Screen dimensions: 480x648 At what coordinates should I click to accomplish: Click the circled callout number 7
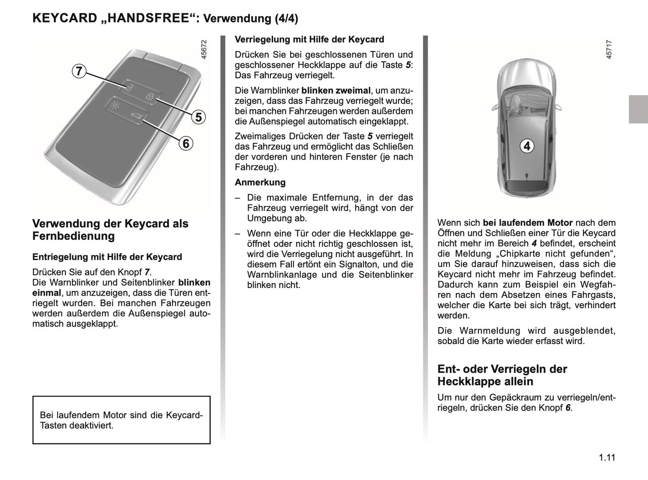click(x=78, y=71)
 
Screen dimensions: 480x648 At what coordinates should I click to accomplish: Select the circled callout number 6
click(x=186, y=144)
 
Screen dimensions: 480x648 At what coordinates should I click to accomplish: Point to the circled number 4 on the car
click(x=527, y=146)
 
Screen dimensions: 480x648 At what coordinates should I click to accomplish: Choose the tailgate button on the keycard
click(x=135, y=118)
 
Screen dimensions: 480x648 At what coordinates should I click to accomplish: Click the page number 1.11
click(x=606, y=458)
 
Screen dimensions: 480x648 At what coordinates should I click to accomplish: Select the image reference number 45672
click(x=204, y=50)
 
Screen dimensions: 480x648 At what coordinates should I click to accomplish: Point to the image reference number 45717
click(x=609, y=49)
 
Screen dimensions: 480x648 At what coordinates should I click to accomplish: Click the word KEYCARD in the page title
click(x=65, y=18)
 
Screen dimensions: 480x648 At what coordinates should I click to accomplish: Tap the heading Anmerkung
click(x=260, y=183)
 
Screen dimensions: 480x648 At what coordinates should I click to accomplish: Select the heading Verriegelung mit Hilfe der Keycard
click(x=309, y=39)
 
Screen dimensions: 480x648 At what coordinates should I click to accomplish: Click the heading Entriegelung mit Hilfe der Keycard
click(x=107, y=257)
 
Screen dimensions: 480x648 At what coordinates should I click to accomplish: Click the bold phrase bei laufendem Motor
click(x=527, y=223)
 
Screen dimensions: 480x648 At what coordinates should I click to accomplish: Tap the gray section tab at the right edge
click(x=638, y=109)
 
